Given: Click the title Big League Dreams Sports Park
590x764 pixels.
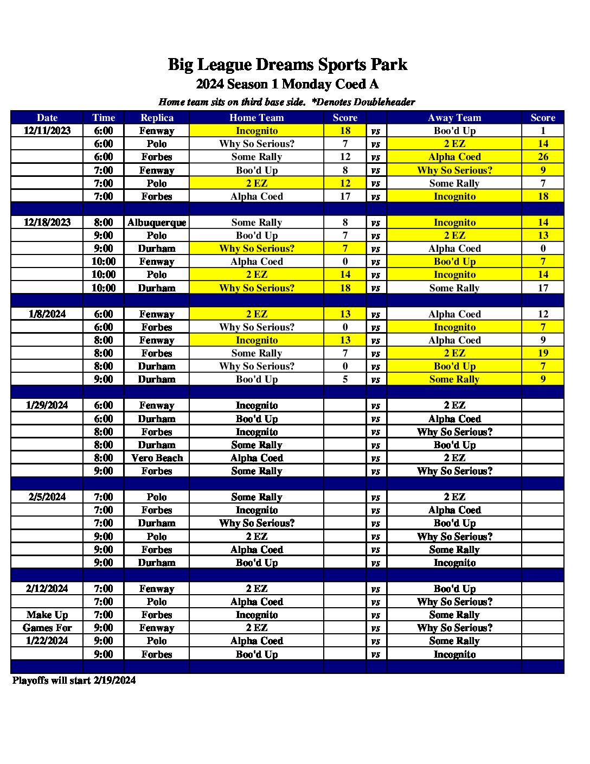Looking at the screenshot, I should point(287,65).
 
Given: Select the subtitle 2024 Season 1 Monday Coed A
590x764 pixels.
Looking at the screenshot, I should point(287,84).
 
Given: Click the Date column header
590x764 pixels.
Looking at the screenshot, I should point(47,118).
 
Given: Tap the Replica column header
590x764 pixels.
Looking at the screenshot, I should point(157,118).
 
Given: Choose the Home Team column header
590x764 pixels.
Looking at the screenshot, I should point(256,118).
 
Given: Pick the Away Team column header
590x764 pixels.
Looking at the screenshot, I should point(454,118).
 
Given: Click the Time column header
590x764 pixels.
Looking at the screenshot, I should point(104,118).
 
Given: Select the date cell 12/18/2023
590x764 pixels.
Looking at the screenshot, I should point(47,222).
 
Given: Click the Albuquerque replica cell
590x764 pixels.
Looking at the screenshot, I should point(157,222).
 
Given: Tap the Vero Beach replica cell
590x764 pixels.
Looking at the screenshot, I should point(157,458).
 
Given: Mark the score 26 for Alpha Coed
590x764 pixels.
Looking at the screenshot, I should point(543,157).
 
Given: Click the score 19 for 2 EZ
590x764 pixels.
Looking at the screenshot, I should point(543,353).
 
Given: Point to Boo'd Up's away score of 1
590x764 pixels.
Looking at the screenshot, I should point(543,131).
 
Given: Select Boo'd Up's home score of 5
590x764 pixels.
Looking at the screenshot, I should point(345,379).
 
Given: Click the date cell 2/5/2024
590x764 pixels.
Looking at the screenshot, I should point(47,497).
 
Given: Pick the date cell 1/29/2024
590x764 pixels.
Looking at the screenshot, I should point(47,405).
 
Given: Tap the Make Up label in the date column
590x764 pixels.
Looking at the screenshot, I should point(47,615).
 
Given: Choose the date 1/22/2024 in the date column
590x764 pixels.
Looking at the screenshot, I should point(47,641).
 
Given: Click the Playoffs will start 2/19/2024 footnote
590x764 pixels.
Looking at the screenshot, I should point(74,680).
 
